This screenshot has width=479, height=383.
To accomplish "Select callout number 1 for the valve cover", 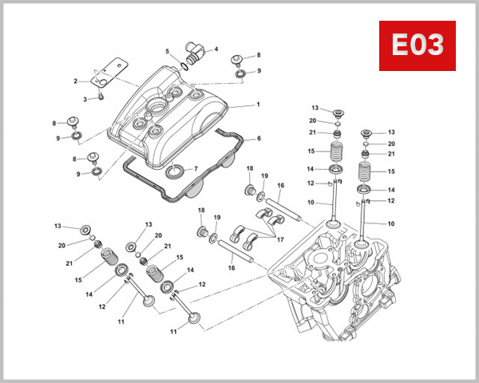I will [x=258, y=105].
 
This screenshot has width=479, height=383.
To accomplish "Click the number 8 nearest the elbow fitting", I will [x=258, y=55].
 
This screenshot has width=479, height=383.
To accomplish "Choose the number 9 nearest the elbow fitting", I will [x=258, y=71].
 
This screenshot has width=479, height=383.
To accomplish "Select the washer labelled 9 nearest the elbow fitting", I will [x=239, y=75].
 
